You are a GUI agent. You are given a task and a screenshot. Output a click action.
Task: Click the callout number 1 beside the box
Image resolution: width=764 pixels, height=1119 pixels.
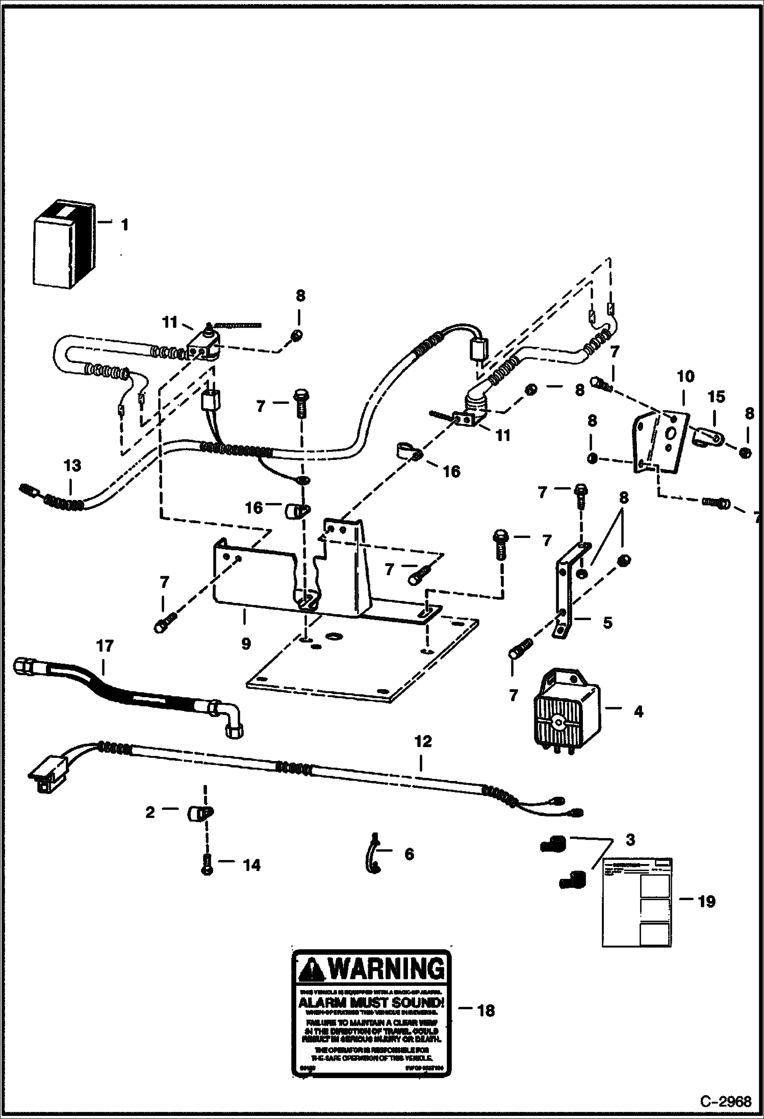click(x=124, y=225)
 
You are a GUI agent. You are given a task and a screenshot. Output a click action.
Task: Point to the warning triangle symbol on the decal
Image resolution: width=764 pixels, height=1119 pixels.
click(x=310, y=968)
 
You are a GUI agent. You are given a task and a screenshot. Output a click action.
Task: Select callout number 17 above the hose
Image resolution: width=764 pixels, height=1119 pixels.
click(x=105, y=646)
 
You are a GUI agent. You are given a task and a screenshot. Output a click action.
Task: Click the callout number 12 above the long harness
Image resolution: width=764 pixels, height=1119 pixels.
click(x=423, y=742)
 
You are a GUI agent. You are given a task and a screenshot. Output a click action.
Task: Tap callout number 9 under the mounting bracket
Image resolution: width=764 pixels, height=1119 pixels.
click(x=246, y=644)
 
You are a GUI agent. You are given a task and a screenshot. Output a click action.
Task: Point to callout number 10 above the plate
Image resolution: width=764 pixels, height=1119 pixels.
click(x=685, y=377)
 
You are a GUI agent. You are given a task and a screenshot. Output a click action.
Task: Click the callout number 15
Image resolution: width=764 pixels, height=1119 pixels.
click(x=716, y=397)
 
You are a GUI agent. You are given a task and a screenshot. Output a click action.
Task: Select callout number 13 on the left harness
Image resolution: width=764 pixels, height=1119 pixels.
click(x=72, y=466)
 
